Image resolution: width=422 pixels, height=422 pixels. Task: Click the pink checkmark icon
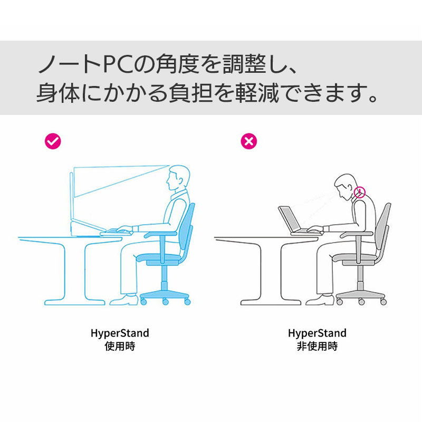point(53,141)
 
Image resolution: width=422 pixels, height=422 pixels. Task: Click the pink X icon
point(248,141)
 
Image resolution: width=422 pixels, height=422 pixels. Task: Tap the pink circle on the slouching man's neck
point(360,191)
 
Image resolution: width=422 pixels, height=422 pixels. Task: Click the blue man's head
point(177,178)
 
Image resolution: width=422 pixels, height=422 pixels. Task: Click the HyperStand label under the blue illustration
point(120,333)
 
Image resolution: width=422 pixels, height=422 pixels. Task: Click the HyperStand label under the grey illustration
point(317,333)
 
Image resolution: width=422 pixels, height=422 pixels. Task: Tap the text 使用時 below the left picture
point(120,347)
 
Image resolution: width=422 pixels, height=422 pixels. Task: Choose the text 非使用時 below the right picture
point(317,347)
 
